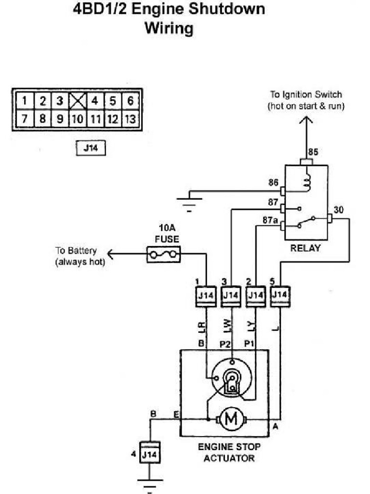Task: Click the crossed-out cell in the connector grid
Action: (x=77, y=101)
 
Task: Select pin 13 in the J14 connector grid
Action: (x=130, y=119)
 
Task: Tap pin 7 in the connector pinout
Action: (x=24, y=119)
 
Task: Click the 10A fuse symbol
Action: (x=163, y=254)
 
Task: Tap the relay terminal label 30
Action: (x=339, y=210)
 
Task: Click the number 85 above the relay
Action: (x=313, y=152)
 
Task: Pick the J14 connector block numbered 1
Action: (x=206, y=295)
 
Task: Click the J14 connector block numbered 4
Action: (x=149, y=454)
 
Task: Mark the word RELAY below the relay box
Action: (x=305, y=249)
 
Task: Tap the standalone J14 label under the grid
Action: (x=90, y=149)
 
